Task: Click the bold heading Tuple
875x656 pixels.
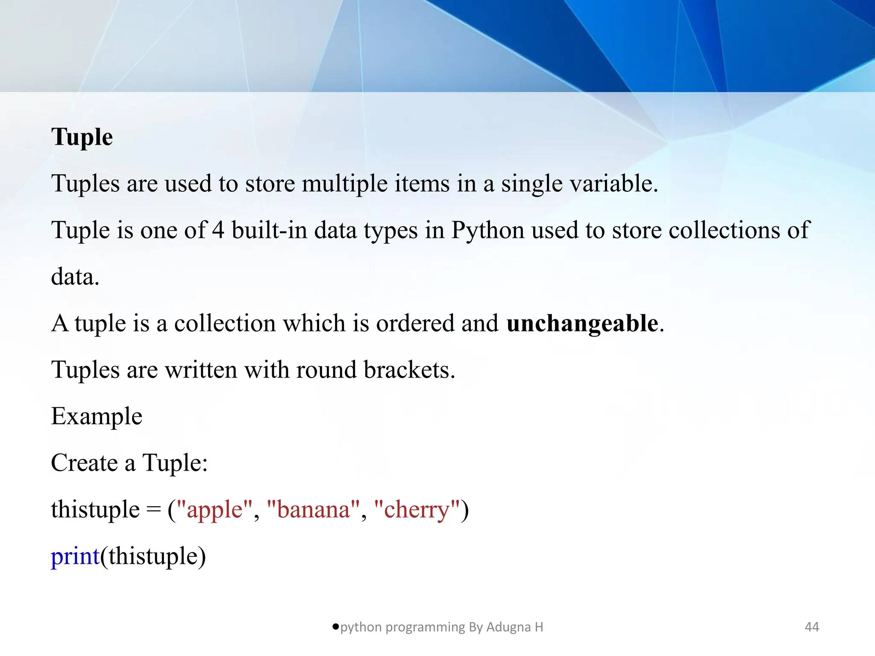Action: pyautogui.click(x=82, y=138)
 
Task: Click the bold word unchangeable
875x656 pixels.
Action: pyautogui.click(x=582, y=323)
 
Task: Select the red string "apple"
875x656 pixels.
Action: pyautogui.click(x=214, y=510)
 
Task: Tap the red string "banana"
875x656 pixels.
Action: pyautogui.click(x=314, y=510)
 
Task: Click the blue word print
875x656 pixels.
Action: pyautogui.click(x=75, y=556)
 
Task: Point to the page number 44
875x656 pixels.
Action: pyautogui.click(x=812, y=627)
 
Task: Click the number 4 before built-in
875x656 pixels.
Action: pyautogui.click(x=218, y=230)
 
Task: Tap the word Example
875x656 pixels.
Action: pyautogui.click(x=97, y=416)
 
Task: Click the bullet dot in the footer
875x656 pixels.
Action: pyautogui.click(x=335, y=627)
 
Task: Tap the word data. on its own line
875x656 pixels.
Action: pyautogui.click(x=75, y=277)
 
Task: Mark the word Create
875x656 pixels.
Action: pyautogui.click(x=84, y=463)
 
